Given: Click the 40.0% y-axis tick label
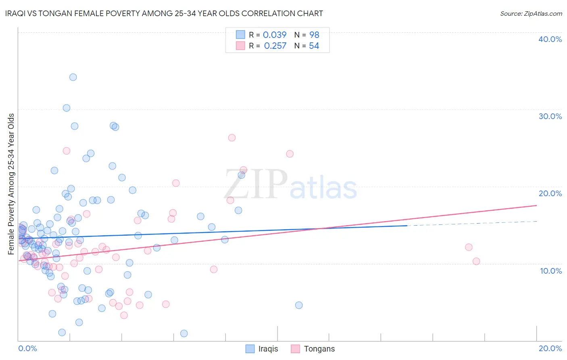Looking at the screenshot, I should coord(550,39).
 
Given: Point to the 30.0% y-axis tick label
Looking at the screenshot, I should coord(550,116).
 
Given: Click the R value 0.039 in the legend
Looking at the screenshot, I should coord(275,35).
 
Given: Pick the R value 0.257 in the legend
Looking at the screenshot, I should coord(275,46).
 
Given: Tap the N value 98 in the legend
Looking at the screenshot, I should coord(314,35).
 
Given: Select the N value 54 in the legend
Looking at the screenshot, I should coord(314,46).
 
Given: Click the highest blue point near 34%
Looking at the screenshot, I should coord(73,77).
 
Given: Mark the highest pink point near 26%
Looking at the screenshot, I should coord(232,138).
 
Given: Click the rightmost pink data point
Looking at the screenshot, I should coord(476,261).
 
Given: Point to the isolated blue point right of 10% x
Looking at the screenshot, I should coord(299,305).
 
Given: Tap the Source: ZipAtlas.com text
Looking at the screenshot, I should coord(531,14).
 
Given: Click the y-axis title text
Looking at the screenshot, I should coord(11,184).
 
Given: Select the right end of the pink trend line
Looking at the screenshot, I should coord(536,205).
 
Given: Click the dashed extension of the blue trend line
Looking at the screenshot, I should coord(472,224).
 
